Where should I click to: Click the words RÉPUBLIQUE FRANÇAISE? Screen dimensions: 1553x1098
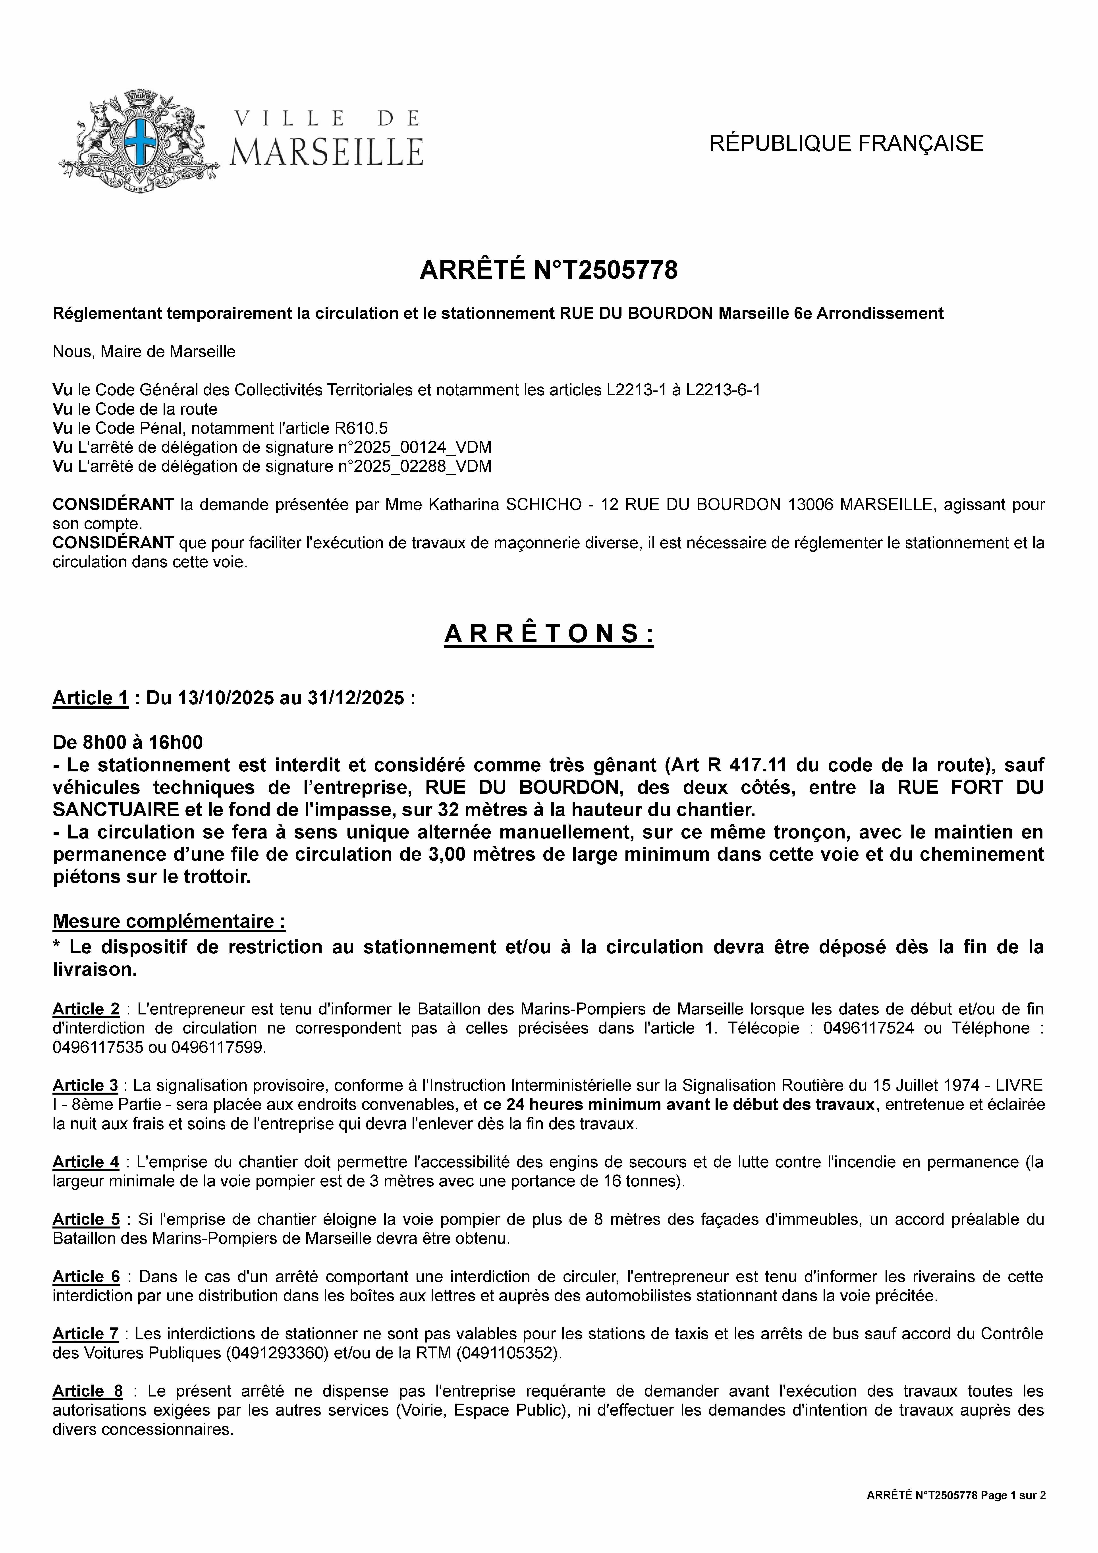(846, 143)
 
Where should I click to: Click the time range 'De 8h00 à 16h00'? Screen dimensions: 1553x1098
(128, 743)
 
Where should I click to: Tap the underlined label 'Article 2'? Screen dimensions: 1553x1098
(86, 1009)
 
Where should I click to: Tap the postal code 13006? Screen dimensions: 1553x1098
(810, 505)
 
